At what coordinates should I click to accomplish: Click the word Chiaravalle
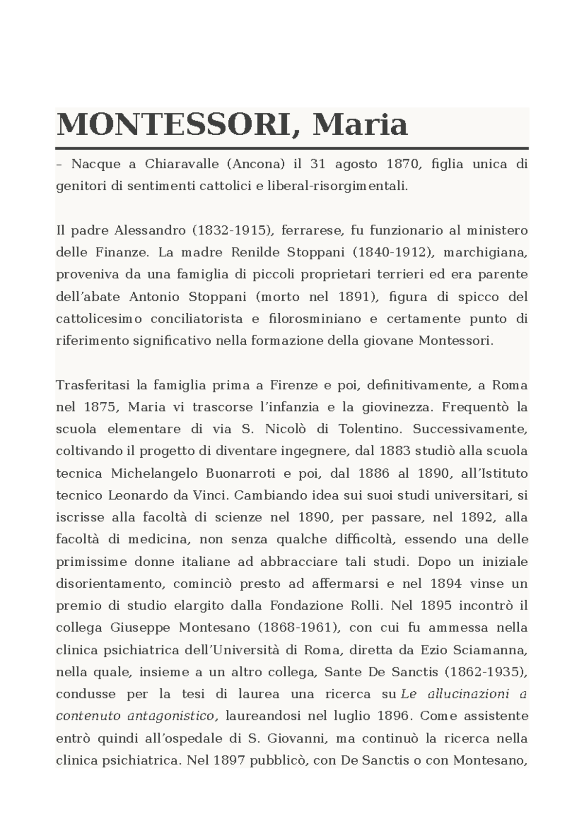pyautogui.click(x=182, y=164)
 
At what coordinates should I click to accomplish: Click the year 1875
pyautogui.click(x=99, y=407)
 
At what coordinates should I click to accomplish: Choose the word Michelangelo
pyautogui.click(x=154, y=473)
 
